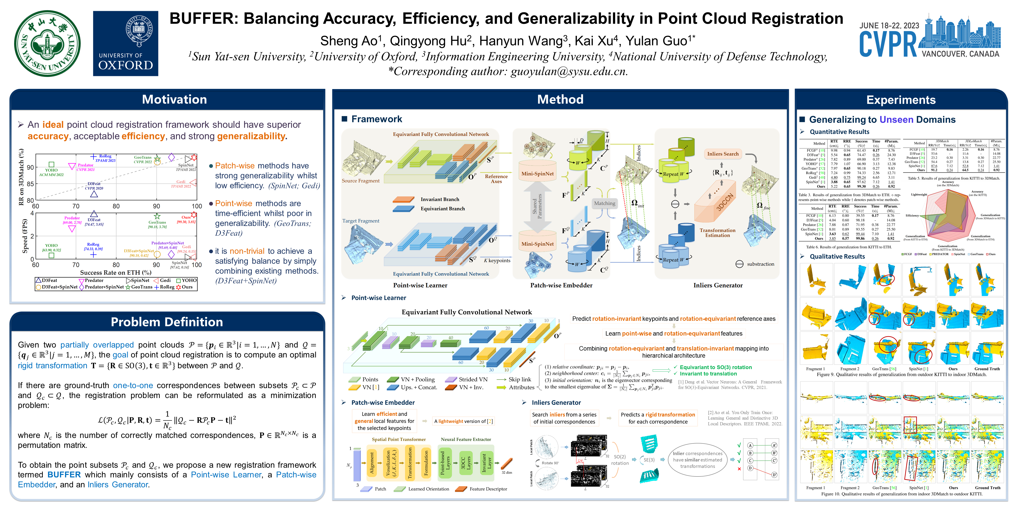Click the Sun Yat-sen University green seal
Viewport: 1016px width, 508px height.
point(47,43)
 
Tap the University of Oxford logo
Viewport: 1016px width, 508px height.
point(125,43)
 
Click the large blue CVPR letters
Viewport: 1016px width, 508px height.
point(888,44)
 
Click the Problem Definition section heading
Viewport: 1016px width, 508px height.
point(167,322)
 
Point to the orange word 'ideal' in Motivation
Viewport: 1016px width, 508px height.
point(53,125)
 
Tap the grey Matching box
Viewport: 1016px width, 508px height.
point(604,204)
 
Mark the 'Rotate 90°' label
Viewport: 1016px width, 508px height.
point(550,463)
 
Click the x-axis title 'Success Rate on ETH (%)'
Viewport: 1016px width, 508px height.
point(116,273)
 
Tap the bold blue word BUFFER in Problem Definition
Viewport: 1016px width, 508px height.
point(64,475)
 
